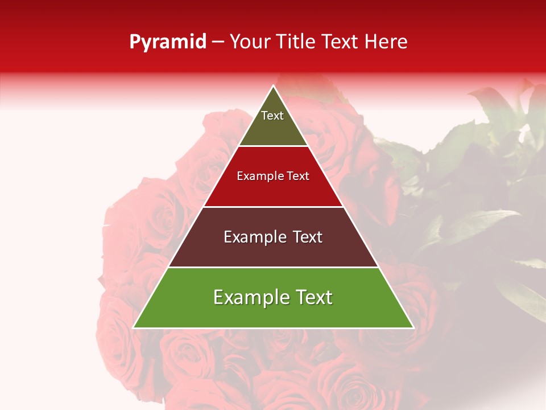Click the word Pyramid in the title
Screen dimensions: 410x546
click(168, 42)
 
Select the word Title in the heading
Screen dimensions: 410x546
click(298, 42)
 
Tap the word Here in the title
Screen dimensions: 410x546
click(386, 42)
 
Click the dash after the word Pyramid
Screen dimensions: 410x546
click(218, 42)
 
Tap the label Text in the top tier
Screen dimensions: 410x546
click(272, 116)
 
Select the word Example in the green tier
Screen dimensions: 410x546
click(248, 297)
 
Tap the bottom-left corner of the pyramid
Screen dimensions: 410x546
click(134, 327)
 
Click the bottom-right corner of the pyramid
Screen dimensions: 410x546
click(413, 327)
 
